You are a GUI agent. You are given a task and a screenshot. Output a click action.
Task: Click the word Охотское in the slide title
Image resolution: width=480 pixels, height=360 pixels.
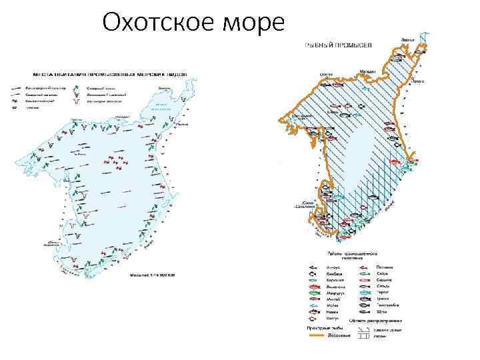point(157,24)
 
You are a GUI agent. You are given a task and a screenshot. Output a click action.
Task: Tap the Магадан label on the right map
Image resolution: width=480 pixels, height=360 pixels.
point(367,71)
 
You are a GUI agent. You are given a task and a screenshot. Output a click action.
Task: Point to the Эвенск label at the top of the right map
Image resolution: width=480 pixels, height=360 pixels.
point(408,40)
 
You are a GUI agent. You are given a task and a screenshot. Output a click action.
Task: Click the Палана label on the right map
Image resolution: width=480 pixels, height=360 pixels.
point(418,81)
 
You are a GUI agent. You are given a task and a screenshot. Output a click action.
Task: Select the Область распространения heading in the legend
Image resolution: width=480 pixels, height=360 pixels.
point(383,321)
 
